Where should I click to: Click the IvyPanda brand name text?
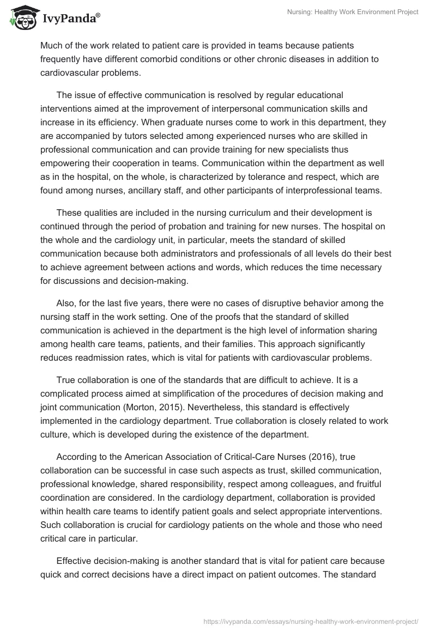point(70,20)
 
